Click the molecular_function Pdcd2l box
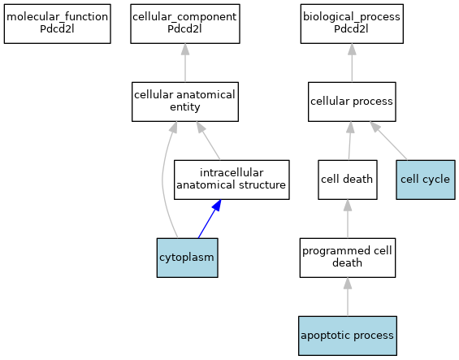[x=58, y=24]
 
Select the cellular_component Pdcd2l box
[x=185, y=24]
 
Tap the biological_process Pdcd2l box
[x=352, y=24]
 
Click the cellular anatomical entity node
[x=185, y=102]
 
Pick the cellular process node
[x=352, y=102]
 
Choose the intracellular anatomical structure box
[x=232, y=180]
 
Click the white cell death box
[x=348, y=180]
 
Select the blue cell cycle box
[x=426, y=180]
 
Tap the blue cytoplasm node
[x=188, y=258]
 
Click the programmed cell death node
[x=348, y=258]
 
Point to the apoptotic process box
[x=348, y=336]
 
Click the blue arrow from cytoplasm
[x=210, y=219]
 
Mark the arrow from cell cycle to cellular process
[x=388, y=141]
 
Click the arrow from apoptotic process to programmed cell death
[x=348, y=297]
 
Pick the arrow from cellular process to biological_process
[x=352, y=63]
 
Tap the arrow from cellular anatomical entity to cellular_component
[x=185, y=63]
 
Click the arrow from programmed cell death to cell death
[x=348, y=219]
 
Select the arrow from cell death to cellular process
[x=350, y=141]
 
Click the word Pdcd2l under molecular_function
[x=57, y=29]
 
